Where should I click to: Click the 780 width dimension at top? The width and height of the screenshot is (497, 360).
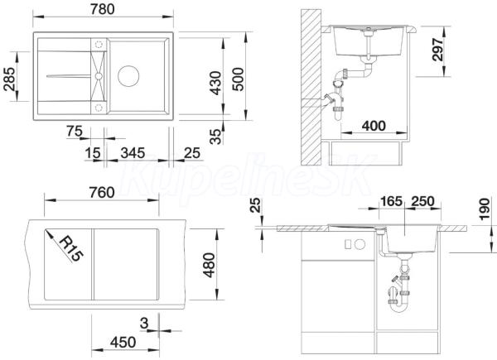[x=102, y=9]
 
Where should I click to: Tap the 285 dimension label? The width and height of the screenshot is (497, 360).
[x=9, y=79]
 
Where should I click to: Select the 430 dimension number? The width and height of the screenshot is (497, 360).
[x=215, y=83]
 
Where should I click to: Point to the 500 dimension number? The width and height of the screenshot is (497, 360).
[x=238, y=79]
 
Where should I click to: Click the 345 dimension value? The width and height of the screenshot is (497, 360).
[x=133, y=153]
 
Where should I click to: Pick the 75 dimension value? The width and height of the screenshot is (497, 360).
[x=75, y=131]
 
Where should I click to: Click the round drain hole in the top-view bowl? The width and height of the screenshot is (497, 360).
[x=128, y=76]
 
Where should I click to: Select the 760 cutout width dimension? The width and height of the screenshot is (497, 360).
[x=101, y=193]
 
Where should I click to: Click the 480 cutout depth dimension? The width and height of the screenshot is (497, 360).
[x=210, y=265]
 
